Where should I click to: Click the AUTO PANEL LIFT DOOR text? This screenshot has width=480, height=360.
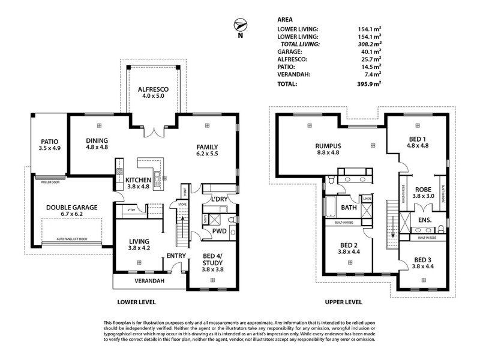(71, 239)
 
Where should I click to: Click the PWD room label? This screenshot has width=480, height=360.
(218, 229)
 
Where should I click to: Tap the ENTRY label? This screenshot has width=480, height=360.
(176, 256)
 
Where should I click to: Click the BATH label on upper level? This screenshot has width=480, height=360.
(349, 208)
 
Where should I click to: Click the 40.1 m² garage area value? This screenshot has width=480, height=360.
(373, 52)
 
